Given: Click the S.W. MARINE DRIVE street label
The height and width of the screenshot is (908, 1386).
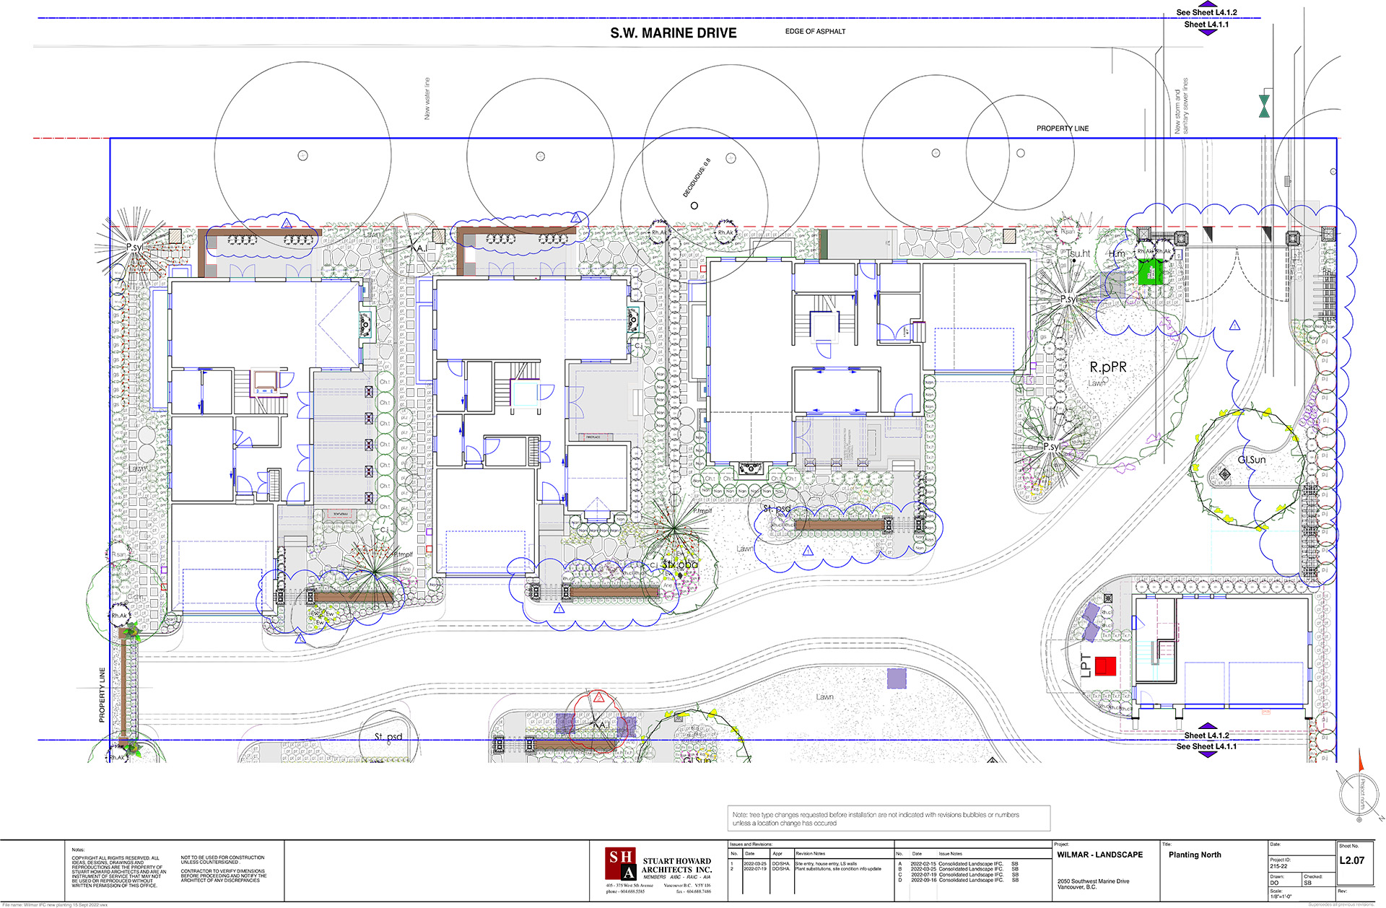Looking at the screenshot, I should point(673,33).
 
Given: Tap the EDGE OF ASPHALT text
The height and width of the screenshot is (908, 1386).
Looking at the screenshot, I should point(815,32).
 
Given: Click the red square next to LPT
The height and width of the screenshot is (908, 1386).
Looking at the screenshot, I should point(1105,665).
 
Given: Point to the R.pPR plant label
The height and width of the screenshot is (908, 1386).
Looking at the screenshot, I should point(1107,367).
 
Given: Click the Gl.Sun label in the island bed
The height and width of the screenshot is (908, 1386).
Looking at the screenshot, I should point(1251,460).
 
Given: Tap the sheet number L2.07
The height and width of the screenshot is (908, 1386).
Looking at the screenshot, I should point(1351,860).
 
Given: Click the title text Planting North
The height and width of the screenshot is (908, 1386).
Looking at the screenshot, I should point(1195,855).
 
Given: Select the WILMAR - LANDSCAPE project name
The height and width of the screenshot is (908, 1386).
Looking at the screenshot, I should point(1099,855).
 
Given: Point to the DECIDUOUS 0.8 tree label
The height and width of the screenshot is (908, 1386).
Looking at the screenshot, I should point(697,178).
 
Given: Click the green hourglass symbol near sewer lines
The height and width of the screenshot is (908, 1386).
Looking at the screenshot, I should point(1264,105).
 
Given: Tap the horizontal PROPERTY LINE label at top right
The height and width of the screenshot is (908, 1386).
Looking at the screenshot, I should point(1062,128).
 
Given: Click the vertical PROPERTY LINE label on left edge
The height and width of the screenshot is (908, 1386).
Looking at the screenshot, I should point(102,694).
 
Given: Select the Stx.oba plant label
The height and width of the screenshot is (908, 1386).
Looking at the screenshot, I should point(680,564).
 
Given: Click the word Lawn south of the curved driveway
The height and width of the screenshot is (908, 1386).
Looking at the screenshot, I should point(824,697).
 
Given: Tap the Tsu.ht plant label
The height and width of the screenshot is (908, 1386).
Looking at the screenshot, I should point(1078,254).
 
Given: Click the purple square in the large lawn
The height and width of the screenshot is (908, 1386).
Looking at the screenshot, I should point(896,678).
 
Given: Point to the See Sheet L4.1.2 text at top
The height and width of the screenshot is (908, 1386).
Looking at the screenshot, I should point(1206,12).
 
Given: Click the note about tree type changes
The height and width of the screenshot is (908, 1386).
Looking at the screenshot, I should point(876,818).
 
